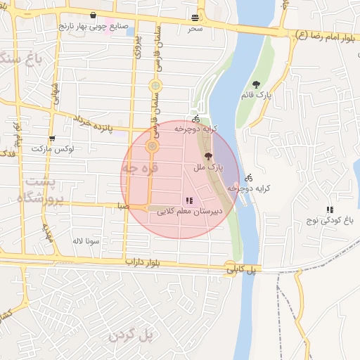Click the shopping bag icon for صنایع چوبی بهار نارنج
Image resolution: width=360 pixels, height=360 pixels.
pos(94,15)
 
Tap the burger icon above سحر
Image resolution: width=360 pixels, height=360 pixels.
pos(195,18)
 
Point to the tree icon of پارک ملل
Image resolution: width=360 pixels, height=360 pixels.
pos(207,157)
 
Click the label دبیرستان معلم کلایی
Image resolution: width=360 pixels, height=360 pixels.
pos(189,210)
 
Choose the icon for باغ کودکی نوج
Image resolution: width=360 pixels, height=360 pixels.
pos(330,210)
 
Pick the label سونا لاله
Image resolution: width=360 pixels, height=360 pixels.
pos(88,240)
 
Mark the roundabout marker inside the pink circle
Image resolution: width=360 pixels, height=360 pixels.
pos(151,147)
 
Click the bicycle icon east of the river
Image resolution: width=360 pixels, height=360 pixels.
pos(249,177)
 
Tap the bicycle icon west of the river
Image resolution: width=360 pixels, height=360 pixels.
pos(195,119)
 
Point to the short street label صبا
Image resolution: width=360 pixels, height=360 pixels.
pos(123,207)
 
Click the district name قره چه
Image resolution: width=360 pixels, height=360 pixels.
pos(141,169)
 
